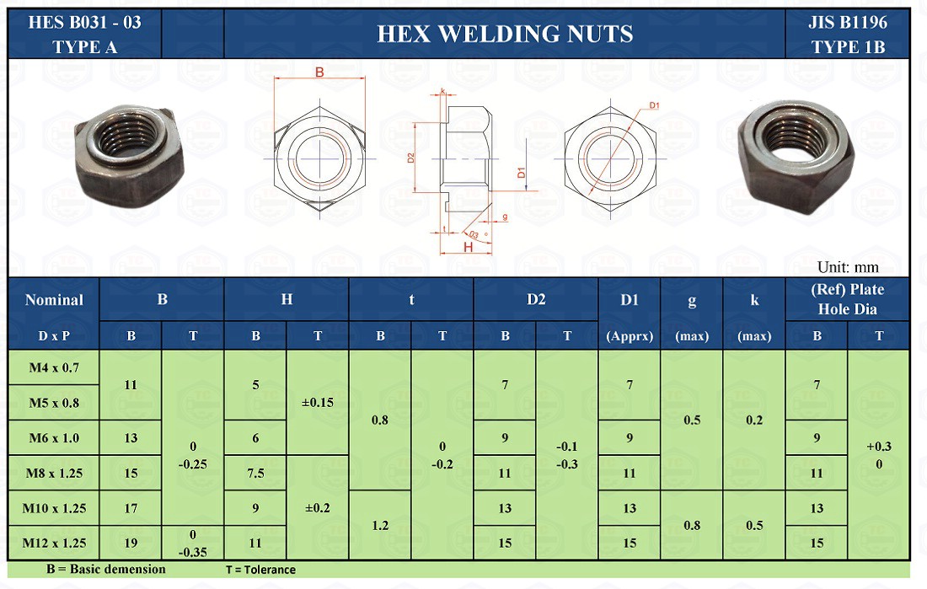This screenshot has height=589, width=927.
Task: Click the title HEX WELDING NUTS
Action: pyautogui.click(x=504, y=34)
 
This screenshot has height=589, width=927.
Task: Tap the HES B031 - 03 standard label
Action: pyautogui.click(x=85, y=23)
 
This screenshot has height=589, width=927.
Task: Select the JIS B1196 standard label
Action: pyautogui.click(x=847, y=23)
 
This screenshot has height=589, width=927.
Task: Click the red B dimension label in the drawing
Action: pyautogui.click(x=319, y=73)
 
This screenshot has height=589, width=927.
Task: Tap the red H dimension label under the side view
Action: pyautogui.click(x=467, y=247)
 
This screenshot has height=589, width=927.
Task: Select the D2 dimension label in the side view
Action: pyautogui.click(x=410, y=157)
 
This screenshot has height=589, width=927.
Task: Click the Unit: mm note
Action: pyautogui.click(x=848, y=267)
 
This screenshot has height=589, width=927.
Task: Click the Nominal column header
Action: pyautogui.click(x=54, y=299)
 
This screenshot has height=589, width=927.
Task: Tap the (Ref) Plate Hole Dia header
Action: pyautogui.click(x=847, y=299)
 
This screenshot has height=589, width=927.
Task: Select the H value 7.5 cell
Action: pyautogui.click(x=255, y=473)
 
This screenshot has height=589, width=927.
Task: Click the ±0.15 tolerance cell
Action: pyautogui.click(x=318, y=402)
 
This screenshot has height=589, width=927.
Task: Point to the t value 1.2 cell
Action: pyautogui.click(x=380, y=525)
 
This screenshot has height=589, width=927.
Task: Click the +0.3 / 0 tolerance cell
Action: pyautogui.click(x=879, y=455)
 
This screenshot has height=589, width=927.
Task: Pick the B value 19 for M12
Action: pyautogui.click(x=131, y=543)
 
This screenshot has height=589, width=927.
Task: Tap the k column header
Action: pyautogui.click(x=754, y=299)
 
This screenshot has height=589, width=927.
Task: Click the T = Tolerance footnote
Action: pyautogui.click(x=260, y=570)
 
